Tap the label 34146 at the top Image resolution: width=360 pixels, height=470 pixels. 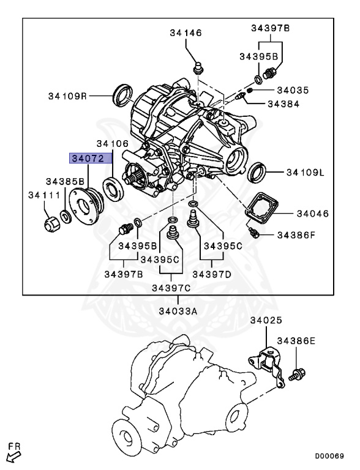(186, 32)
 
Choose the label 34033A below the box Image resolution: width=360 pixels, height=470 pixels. (178, 311)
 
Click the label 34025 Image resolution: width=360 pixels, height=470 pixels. (265, 321)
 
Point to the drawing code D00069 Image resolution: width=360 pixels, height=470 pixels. (330, 456)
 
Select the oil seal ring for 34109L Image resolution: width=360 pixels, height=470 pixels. (258, 173)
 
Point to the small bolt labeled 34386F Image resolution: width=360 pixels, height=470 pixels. (255, 233)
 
